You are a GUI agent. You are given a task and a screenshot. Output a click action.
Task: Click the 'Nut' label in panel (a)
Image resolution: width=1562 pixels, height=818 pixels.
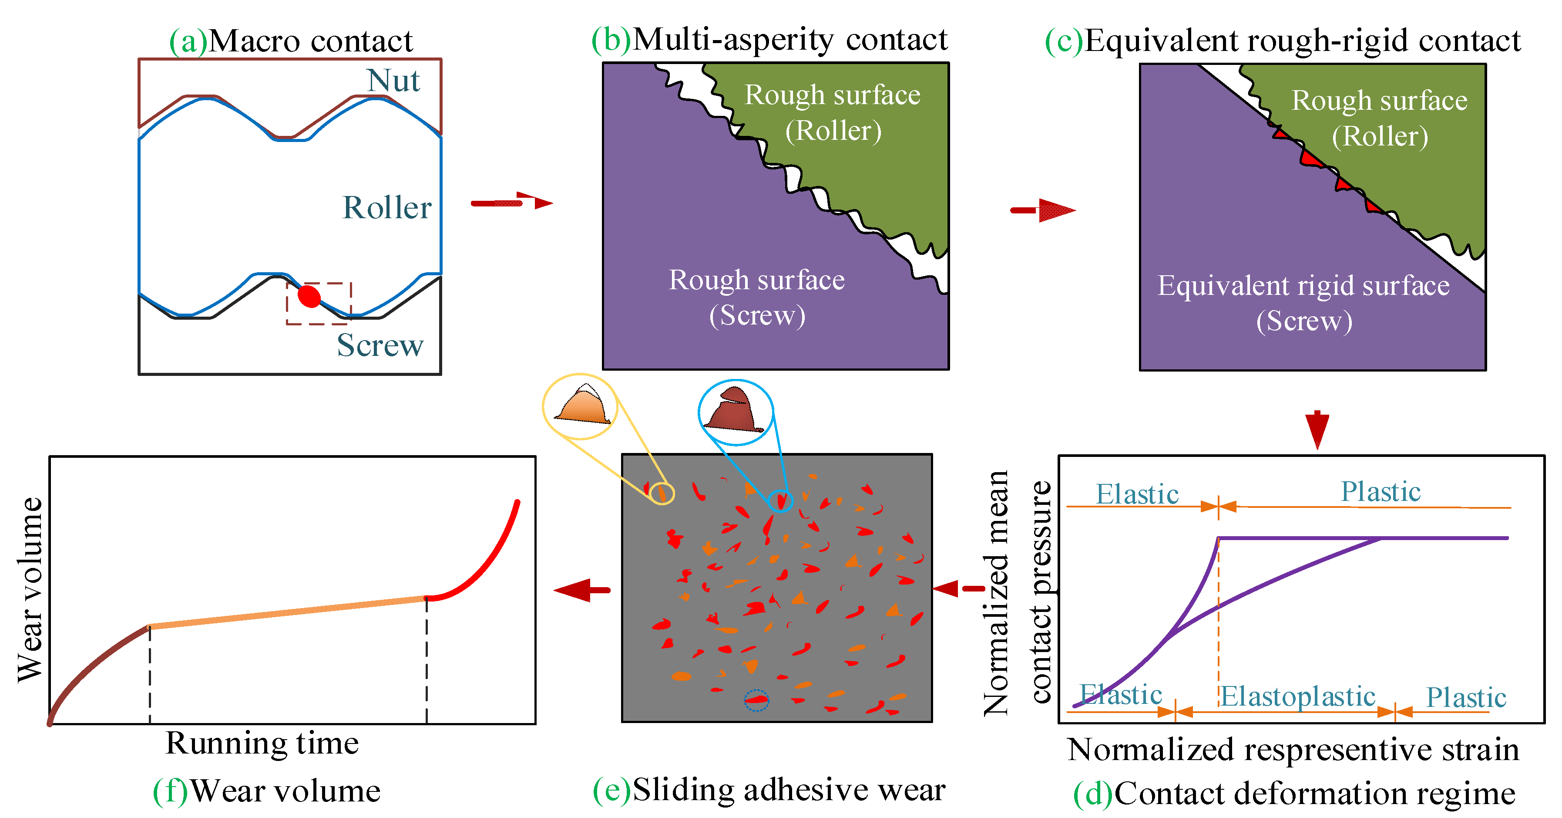pos(393,81)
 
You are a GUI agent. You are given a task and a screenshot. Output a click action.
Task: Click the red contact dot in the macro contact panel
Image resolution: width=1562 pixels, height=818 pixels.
pos(309,296)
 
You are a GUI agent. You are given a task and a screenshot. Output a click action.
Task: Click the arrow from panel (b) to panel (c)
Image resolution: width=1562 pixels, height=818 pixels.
pos(1043,210)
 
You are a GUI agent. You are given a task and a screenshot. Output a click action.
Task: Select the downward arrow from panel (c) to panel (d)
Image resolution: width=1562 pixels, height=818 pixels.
pos(1317,429)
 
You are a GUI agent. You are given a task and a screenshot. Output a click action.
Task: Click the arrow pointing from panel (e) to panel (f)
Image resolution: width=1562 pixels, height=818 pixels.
pos(582,589)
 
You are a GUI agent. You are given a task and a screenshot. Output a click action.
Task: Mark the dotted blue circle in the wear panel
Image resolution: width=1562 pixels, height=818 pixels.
pos(756,700)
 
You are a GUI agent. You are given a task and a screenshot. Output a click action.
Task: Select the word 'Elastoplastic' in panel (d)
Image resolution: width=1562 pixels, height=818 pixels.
pos(1298,696)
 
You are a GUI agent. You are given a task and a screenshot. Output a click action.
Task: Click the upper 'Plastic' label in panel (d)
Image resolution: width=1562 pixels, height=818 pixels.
pos(1380,491)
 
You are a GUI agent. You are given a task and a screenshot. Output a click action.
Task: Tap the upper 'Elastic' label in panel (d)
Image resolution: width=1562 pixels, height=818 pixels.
pos(1137,494)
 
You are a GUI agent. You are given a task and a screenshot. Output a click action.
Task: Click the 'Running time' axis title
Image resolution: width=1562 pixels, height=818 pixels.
pos(262,744)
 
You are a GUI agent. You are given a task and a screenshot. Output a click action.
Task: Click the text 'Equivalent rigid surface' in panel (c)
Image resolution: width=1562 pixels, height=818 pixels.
pos(1303,286)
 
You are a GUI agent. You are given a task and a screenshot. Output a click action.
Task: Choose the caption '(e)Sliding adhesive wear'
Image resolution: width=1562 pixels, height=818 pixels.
pos(769,790)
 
